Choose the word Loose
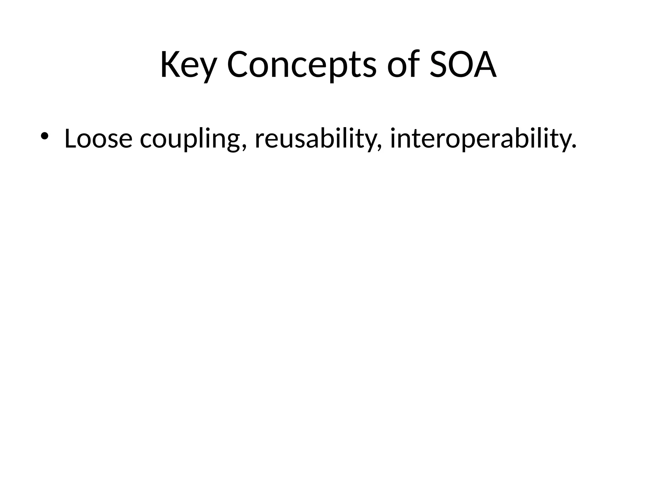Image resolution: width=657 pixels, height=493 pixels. (x=98, y=139)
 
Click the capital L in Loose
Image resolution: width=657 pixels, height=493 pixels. (x=71, y=139)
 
